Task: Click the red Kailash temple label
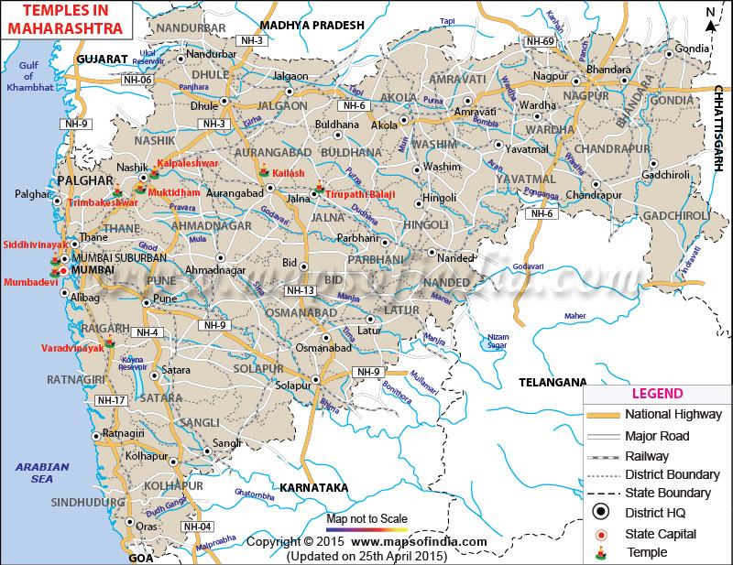[289, 173]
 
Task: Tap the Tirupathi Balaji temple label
[357, 193]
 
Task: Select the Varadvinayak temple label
[71, 348]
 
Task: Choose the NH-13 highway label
[300, 290]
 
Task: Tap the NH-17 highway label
[110, 400]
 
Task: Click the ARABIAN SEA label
[42, 473]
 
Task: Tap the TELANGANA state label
[552, 381]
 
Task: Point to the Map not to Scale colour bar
[366, 529]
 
